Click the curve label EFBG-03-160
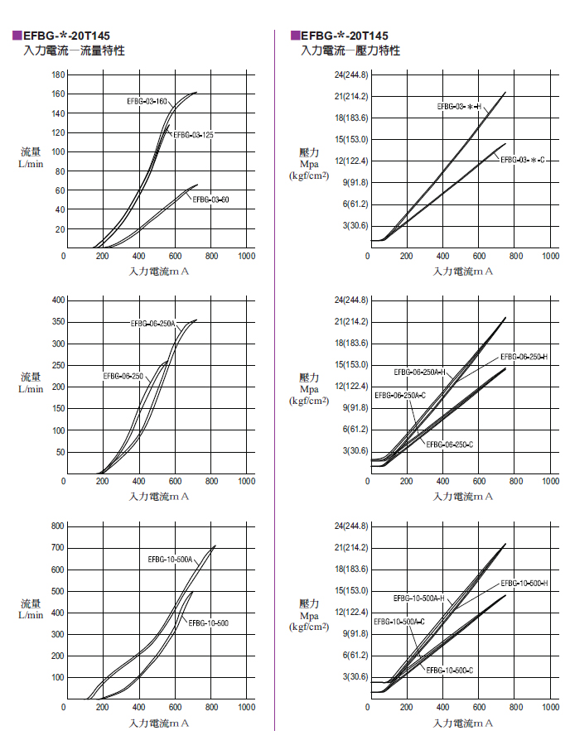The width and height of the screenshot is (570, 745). [x=147, y=101]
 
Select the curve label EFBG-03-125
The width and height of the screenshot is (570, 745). [x=193, y=134]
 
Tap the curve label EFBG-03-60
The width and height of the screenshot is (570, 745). [x=210, y=200]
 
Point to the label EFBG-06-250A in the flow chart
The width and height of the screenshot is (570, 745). [x=152, y=324]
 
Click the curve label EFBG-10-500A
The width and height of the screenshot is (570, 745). [x=170, y=560]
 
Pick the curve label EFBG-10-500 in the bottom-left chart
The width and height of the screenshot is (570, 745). [x=208, y=622]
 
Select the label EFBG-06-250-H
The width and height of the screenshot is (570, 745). [x=524, y=357]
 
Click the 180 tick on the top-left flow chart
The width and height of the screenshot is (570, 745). [x=58, y=74]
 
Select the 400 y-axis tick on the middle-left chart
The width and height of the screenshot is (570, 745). [x=58, y=300]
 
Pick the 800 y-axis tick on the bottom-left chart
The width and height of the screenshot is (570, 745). [x=58, y=526]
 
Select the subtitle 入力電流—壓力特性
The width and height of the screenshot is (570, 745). [x=350, y=51]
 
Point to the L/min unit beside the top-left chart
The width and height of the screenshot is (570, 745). [x=31, y=164]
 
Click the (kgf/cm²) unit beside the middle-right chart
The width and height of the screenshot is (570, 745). [x=309, y=401]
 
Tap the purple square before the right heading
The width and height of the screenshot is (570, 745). [x=295, y=36]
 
